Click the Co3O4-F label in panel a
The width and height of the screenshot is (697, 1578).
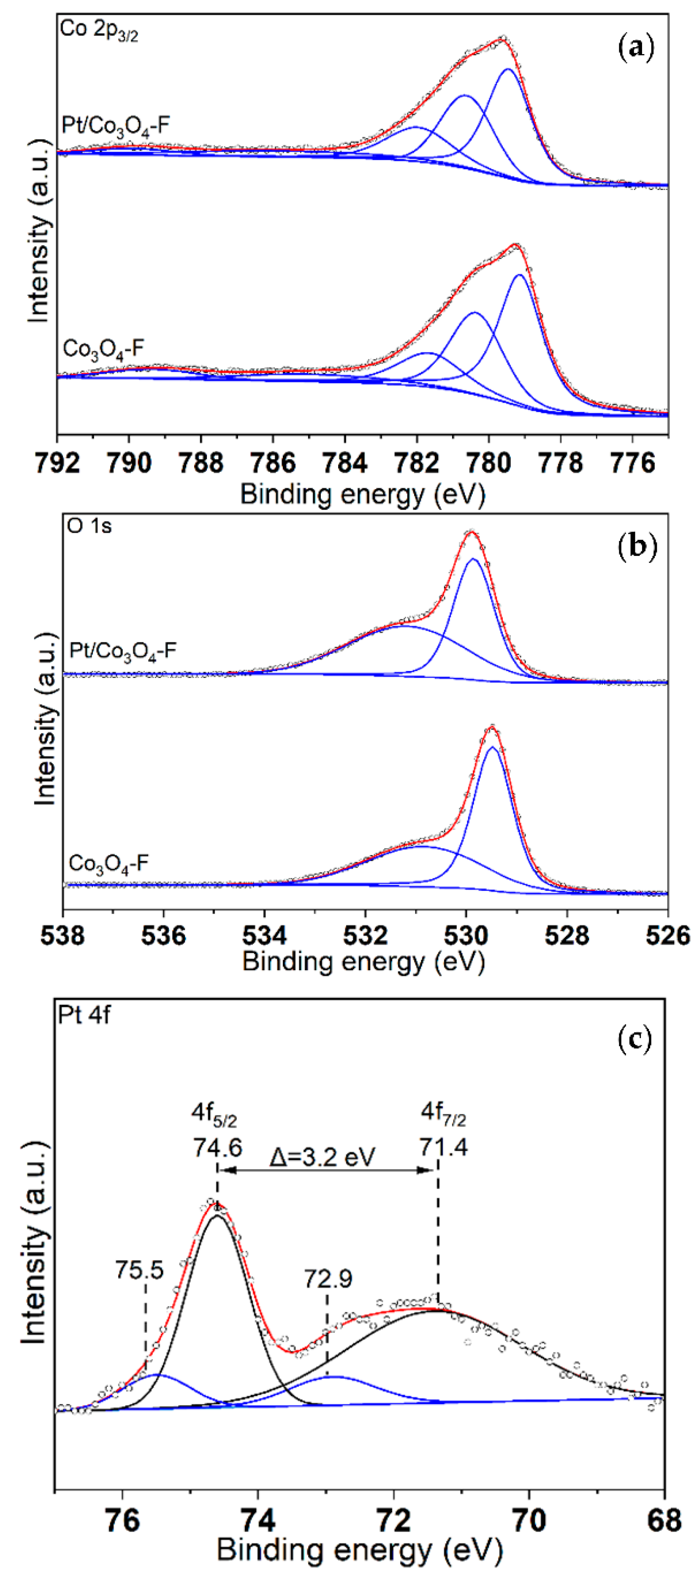click(x=103, y=349)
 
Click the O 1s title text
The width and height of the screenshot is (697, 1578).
click(x=89, y=526)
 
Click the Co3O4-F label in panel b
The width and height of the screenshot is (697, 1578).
click(x=108, y=864)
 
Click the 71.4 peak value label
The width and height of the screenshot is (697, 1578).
click(x=444, y=1145)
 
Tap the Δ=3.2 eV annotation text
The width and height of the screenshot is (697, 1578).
click(x=322, y=1157)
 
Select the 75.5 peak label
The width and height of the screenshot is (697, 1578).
click(x=139, y=1270)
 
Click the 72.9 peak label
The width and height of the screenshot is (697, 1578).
click(x=328, y=1278)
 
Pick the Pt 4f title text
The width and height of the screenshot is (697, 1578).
click(x=84, y=1015)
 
